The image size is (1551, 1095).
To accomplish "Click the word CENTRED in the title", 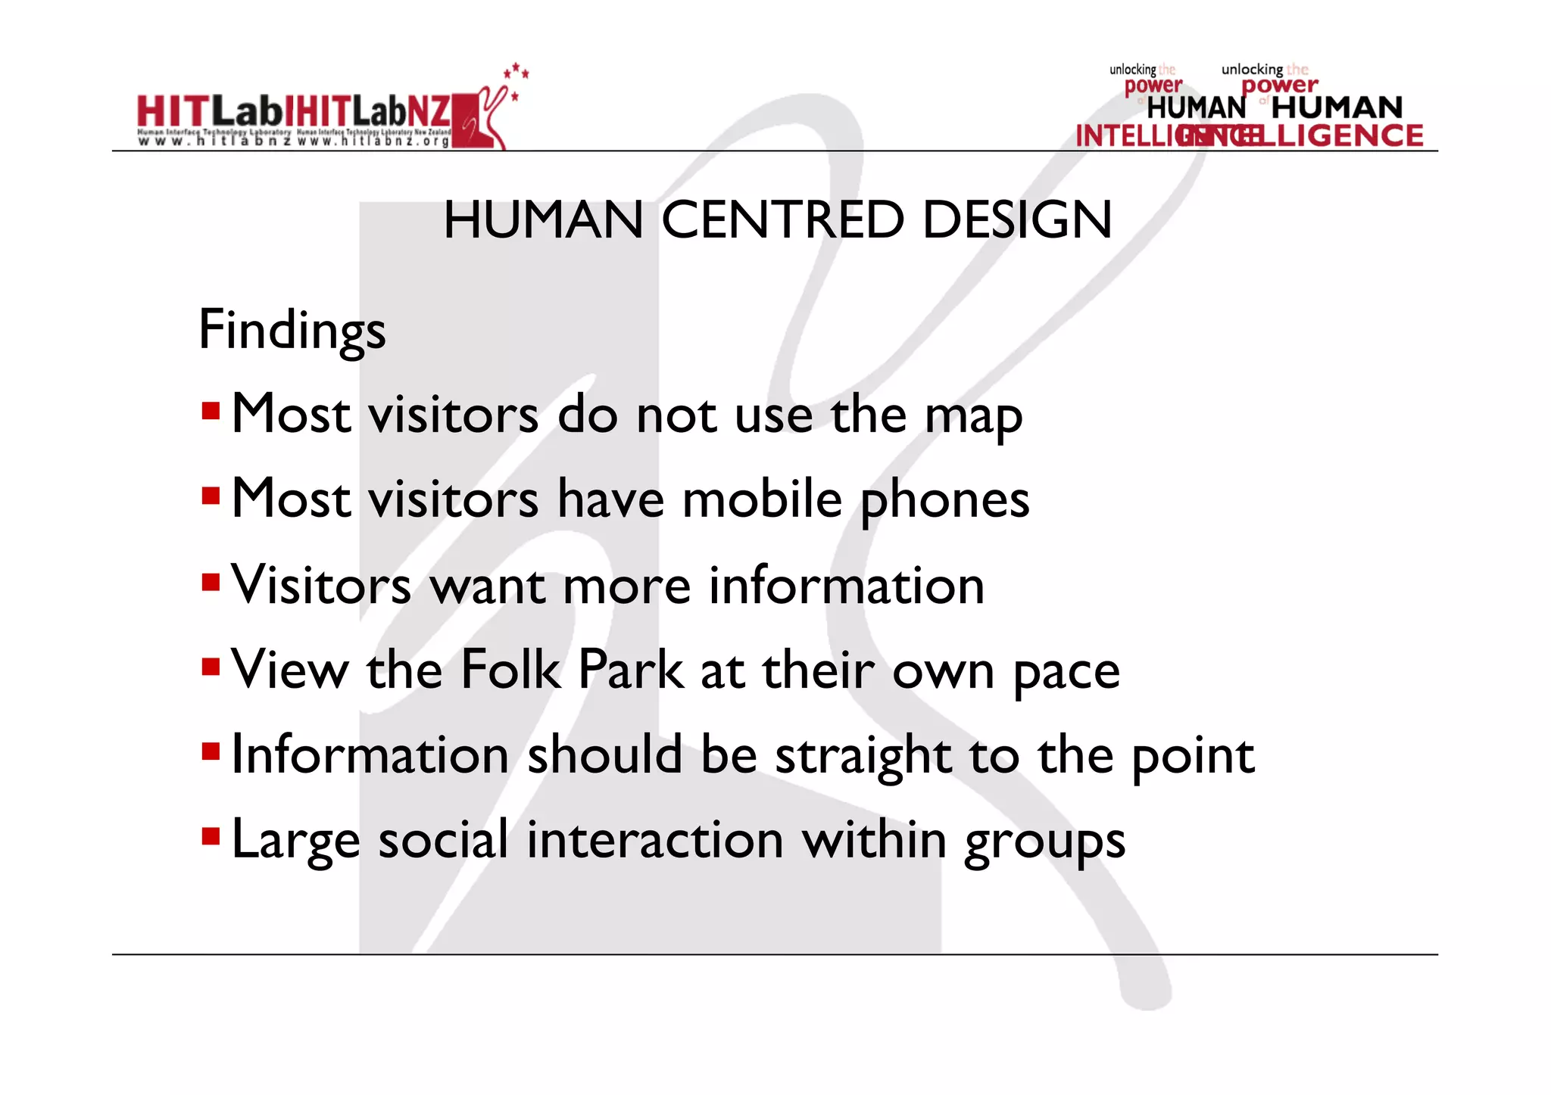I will [x=782, y=220].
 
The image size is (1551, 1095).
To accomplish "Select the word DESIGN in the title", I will [x=1017, y=220].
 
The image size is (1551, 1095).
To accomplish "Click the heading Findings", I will [x=292, y=331].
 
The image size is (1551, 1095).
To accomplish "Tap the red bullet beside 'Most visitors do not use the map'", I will [x=211, y=412].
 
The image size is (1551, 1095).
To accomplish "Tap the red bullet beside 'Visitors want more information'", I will [x=211, y=583].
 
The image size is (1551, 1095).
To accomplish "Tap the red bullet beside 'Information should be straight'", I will [x=211, y=752].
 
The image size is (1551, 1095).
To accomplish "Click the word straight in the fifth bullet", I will [x=863, y=757].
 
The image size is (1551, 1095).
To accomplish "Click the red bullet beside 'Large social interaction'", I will [x=211, y=837].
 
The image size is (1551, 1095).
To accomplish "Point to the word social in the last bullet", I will [x=443, y=840].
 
